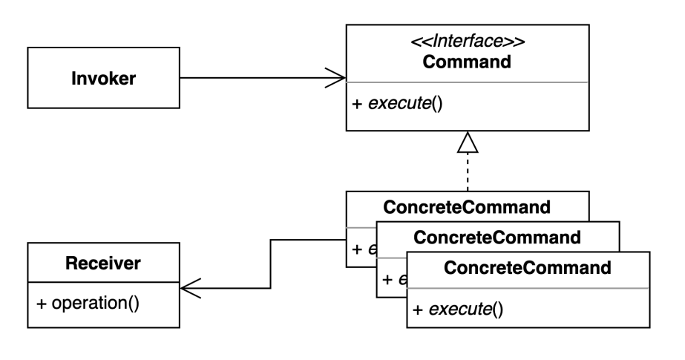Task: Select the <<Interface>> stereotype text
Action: click(467, 42)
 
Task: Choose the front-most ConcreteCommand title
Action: click(529, 268)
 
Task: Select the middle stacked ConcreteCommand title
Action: click(496, 238)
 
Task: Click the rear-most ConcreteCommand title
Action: click(467, 206)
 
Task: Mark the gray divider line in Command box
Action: click(467, 82)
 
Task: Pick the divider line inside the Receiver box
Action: click(102, 283)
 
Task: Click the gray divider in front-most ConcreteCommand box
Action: click(528, 288)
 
